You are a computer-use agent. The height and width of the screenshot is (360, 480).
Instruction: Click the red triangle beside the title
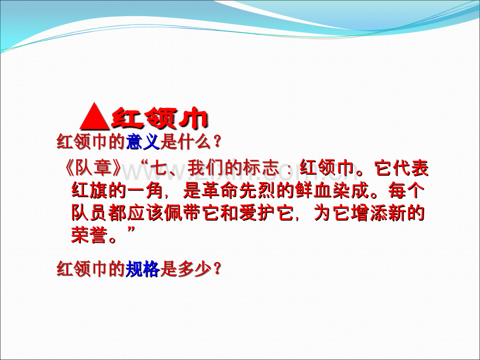coord(94,116)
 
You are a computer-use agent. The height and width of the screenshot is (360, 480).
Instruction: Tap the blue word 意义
coord(143,142)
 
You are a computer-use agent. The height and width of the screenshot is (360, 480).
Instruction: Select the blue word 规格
coord(142,269)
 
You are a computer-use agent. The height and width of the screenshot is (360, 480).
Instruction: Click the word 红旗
coord(89,190)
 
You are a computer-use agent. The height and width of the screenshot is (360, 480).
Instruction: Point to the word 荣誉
coord(89,235)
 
